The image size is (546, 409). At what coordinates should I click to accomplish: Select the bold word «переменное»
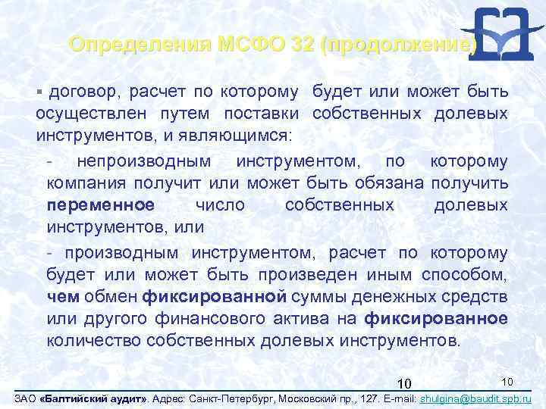click(x=100, y=205)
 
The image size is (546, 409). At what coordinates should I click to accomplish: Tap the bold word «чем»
click(x=62, y=296)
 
